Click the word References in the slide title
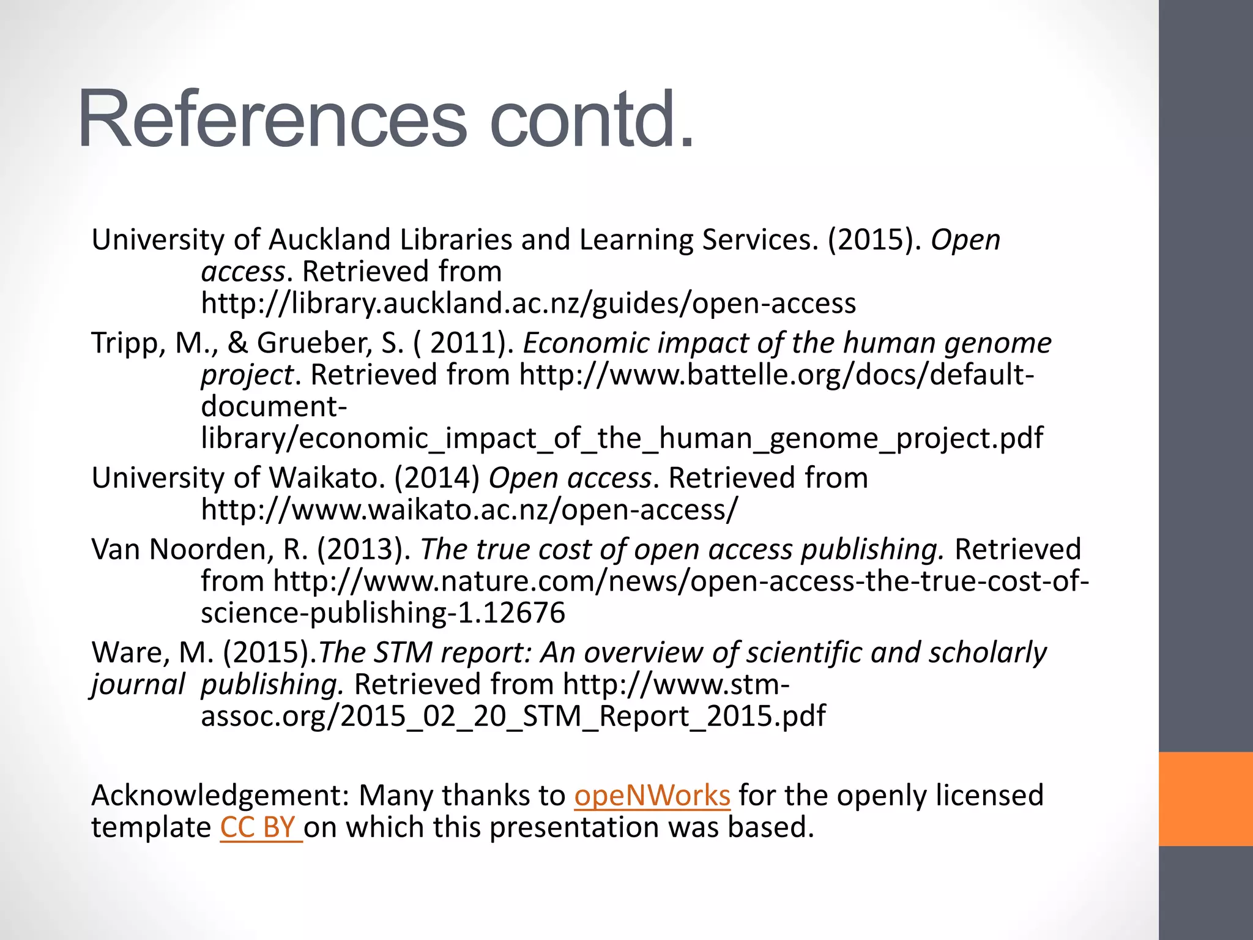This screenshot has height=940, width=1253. pyautogui.click(x=272, y=119)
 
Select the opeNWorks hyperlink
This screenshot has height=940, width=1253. pyautogui.click(x=652, y=796)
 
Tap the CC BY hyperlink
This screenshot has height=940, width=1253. pyautogui.click(x=260, y=827)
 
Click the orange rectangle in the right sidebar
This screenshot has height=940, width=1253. pyautogui.click(x=1205, y=799)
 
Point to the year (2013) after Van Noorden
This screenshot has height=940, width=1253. pyautogui.click(x=363, y=549)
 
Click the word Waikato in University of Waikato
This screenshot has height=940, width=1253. pyautogui.click(x=327, y=478)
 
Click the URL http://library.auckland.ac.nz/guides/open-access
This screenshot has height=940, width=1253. pyautogui.click(x=528, y=304)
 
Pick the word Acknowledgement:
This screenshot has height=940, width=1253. pyautogui.click(x=220, y=796)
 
